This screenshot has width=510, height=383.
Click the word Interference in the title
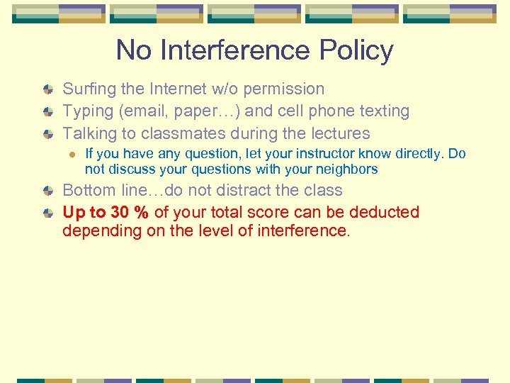click(234, 50)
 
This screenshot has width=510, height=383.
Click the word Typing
click(89, 111)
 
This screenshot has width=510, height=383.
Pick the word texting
click(383, 111)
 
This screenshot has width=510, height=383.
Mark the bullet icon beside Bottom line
click(47, 191)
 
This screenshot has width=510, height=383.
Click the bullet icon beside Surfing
click(47, 89)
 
